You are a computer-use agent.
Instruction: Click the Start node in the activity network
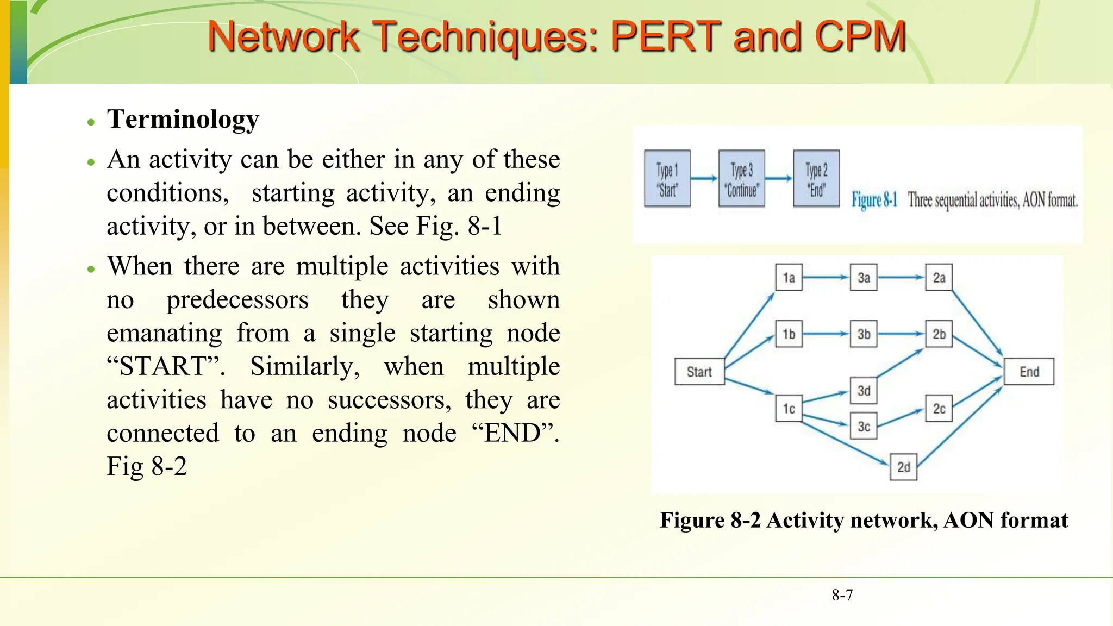(x=699, y=372)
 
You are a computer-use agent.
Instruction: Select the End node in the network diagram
(x=1029, y=372)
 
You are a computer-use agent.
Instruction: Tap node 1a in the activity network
(x=789, y=278)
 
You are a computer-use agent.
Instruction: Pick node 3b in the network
(x=864, y=334)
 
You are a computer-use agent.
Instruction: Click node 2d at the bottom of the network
(x=903, y=467)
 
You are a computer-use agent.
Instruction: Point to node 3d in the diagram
(x=864, y=391)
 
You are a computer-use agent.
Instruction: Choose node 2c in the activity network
(x=939, y=409)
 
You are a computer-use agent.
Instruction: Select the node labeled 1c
(x=789, y=409)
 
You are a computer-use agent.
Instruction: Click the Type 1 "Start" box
(x=667, y=179)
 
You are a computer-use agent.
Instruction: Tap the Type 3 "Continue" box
(x=742, y=179)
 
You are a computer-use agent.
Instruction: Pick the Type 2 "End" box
(x=816, y=179)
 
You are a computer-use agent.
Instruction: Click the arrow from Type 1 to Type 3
(x=704, y=178)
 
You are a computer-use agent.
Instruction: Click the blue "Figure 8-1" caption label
(x=874, y=200)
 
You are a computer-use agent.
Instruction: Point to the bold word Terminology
(x=183, y=119)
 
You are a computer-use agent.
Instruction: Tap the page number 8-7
(x=842, y=595)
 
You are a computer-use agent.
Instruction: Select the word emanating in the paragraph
(x=164, y=333)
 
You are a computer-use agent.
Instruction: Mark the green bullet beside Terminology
(x=91, y=122)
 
